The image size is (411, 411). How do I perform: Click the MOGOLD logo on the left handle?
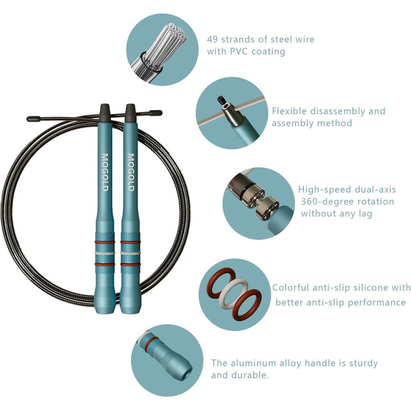pyautogui.click(x=105, y=172)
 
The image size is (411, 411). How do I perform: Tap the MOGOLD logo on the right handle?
pyautogui.click(x=131, y=172)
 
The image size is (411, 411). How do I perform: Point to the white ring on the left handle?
pyautogui.click(x=105, y=253)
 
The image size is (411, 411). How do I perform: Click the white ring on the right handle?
pyautogui.click(x=130, y=253)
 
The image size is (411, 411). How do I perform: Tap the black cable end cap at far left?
pyautogui.click(x=33, y=119)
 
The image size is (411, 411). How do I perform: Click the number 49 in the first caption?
pyautogui.click(x=213, y=39)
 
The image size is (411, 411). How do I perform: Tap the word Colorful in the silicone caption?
pyautogui.click(x=291, y=288)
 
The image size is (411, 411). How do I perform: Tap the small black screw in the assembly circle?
pyautogui.click(x=221, y=100)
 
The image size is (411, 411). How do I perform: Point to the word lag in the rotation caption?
pyautogui.click(x=366, y=214)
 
